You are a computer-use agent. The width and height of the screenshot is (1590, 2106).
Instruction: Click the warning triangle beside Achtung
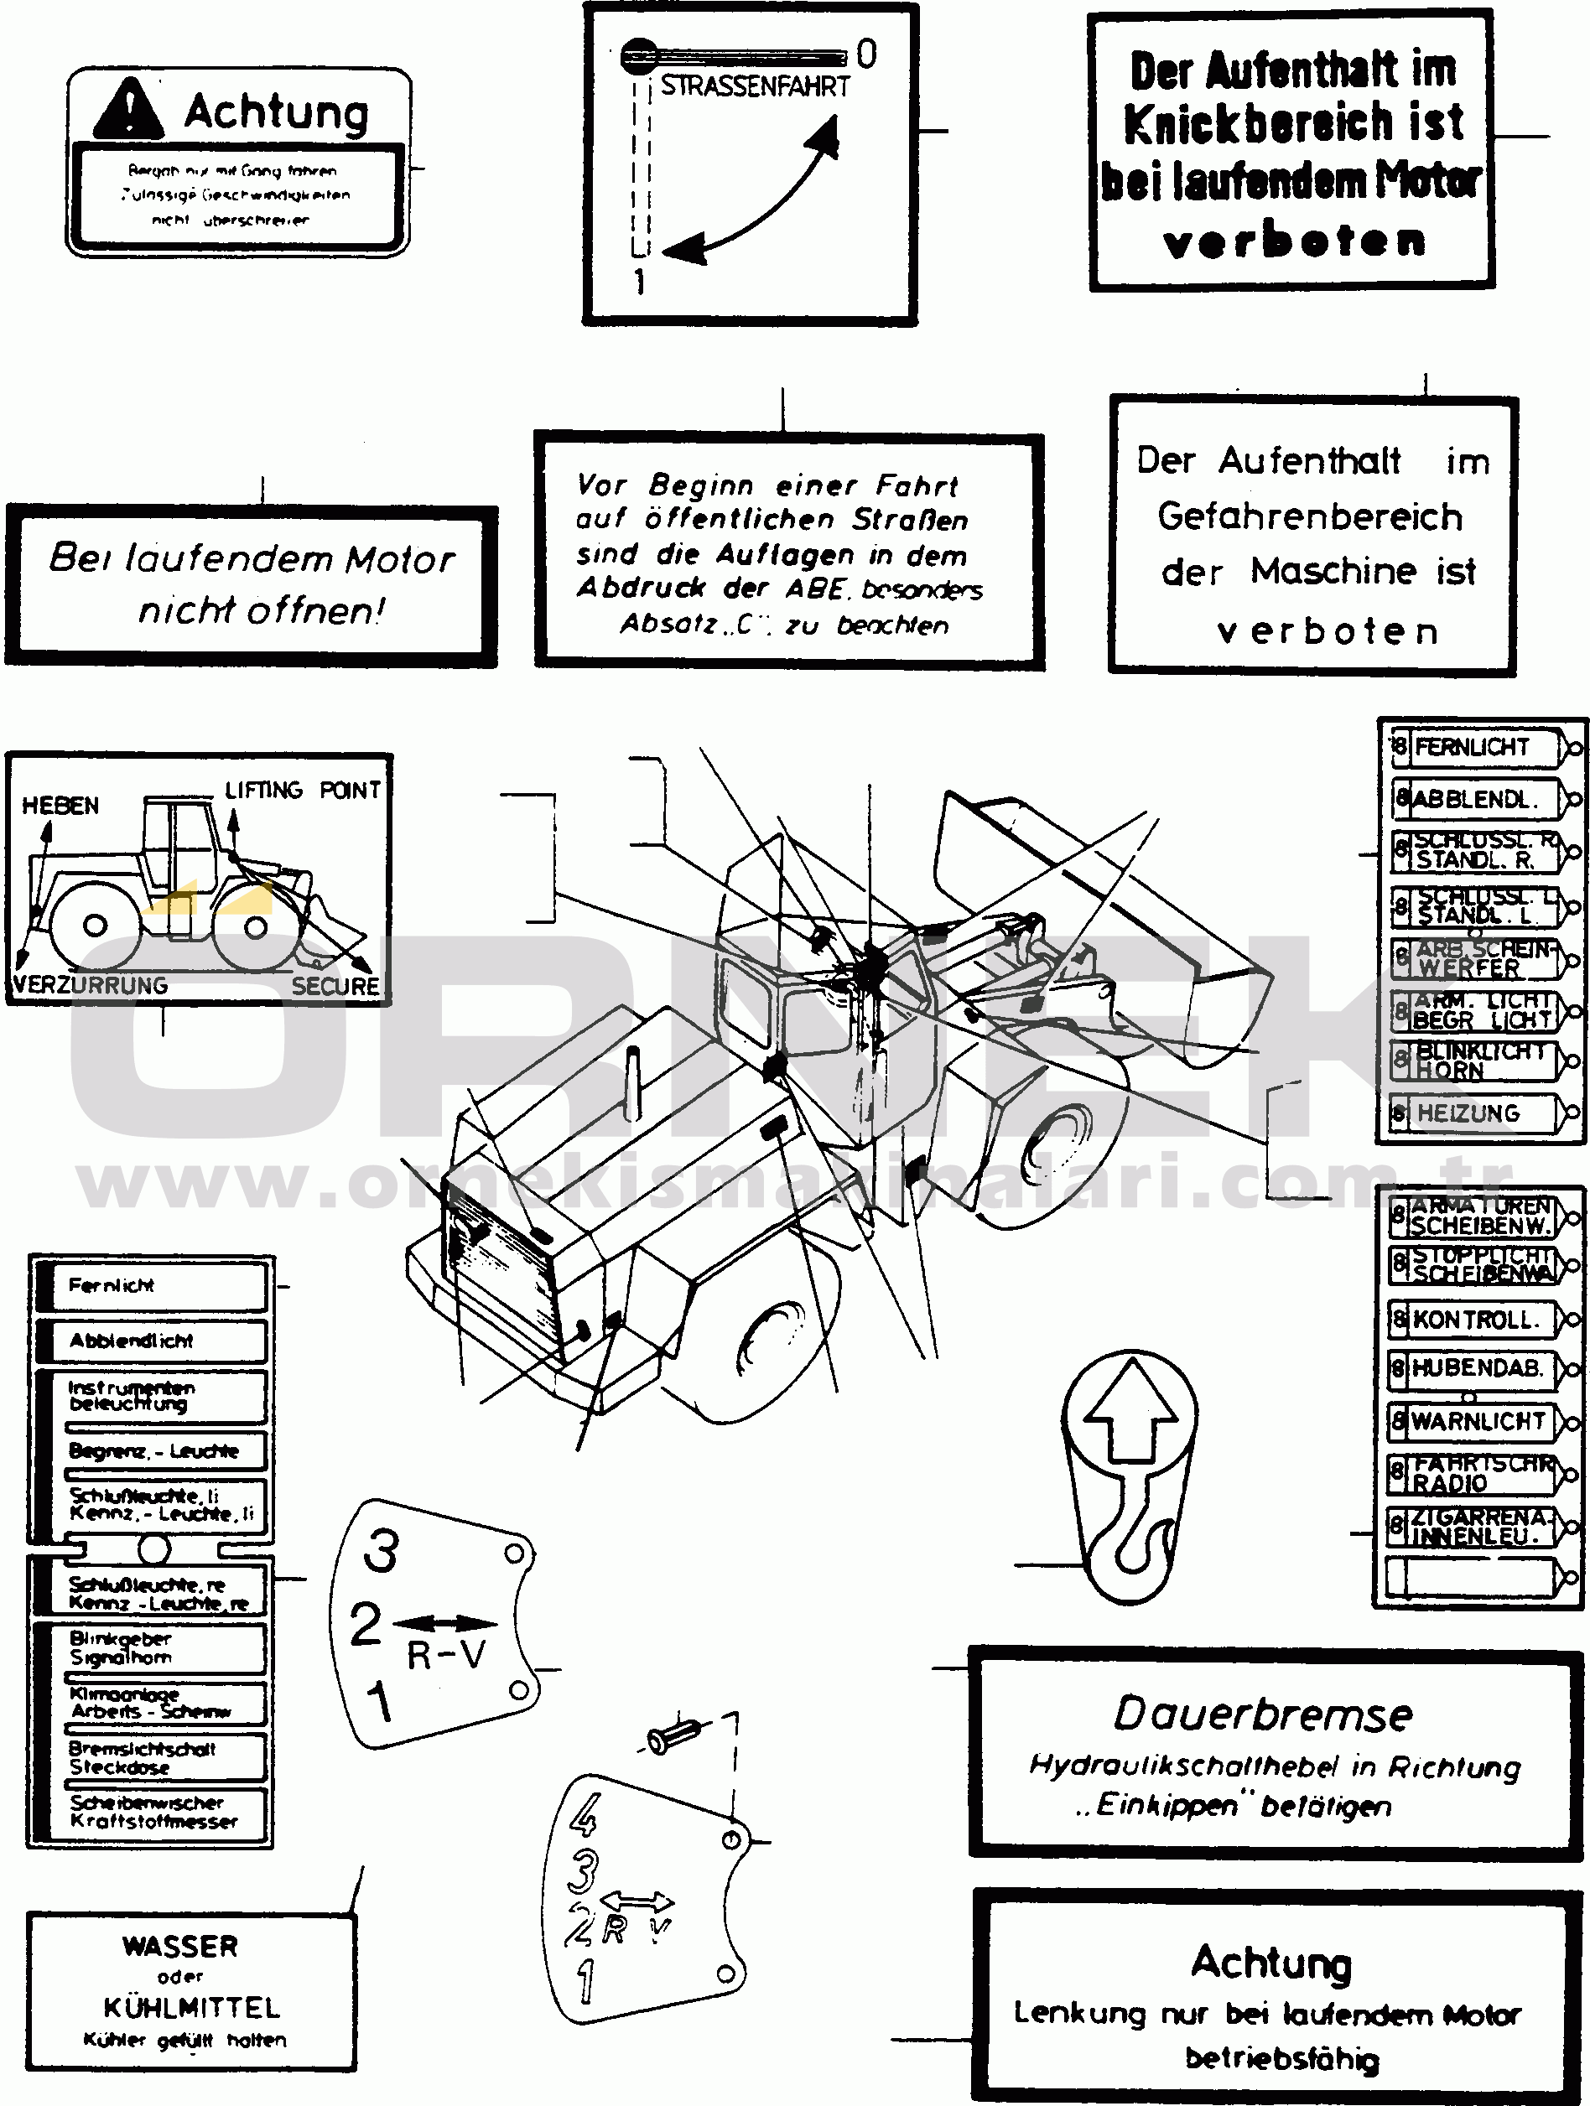pyautogui.click(x=128, y=110)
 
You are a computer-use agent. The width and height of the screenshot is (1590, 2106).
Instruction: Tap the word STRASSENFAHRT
pyautogui.click(x=755, y=86)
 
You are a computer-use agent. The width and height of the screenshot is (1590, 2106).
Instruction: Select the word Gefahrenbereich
pyautogui.click(x=1310, y=517)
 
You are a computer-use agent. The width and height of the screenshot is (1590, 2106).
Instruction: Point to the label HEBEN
pyautogui.click(x=60, y=806)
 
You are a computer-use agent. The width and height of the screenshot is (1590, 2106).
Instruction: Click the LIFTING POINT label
pyautogui.click(x=302, y=791)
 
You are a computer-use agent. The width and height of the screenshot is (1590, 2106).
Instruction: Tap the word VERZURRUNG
pyautogui.click(x=91, y=985)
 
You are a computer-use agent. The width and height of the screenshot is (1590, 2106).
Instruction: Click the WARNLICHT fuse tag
pyautogui.click(x=1477, y=1421)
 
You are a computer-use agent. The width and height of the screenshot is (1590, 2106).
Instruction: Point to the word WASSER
pyautogui.click(x=180, y=1946)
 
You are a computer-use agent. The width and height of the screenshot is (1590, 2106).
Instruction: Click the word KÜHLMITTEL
pyautogui.click(x=192, y=2008)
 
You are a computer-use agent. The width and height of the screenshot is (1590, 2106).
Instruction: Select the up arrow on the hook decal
pyautogui.click(x=1130, y=1403)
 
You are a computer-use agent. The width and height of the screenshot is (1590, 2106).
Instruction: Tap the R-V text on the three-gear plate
pyautogui.click(x=445, y=1656)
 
